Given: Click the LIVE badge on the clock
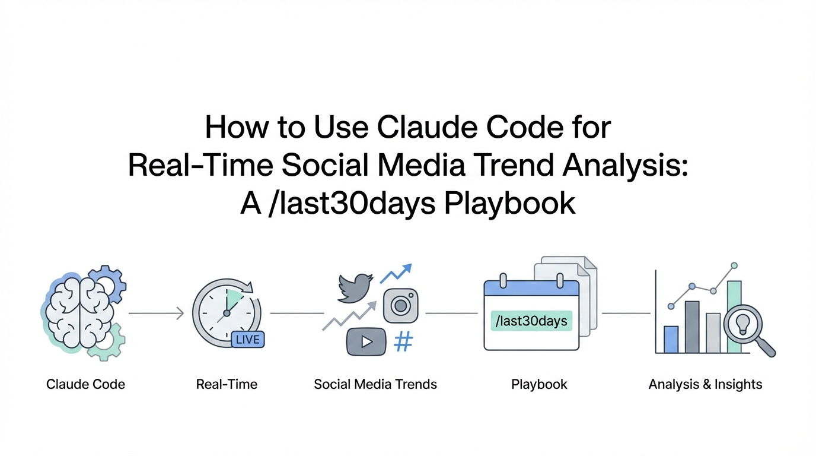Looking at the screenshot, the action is pyautogui.click(x=248, y=340).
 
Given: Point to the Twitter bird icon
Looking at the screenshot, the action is pyautogui.click(x=355, y=288).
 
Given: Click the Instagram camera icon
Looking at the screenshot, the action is pyautogui.click(x=401, y=306).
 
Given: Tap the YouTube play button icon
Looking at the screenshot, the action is pyautogui.click(x=366, y=342).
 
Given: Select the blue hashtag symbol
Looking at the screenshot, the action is pyautogui.click(x=404, y=341).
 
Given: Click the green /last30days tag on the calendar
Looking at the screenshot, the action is pyautogui.click(x=531, y=321).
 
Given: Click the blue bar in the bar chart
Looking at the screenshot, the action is pyautogui.click(x=671, y=339).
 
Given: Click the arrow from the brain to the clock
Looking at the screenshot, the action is pyautogui.click(x=157, y=313).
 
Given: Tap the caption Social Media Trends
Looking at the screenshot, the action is pyautogui.click(x=375, y=384).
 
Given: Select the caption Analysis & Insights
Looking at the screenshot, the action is pyautogui.click(x=705, y=384).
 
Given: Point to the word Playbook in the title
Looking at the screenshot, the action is pyautogui.click(x=510, y=204).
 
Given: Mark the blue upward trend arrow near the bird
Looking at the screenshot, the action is pyautogui.click(x=396, y=273).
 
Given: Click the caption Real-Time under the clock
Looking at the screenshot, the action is pyautogui.click(x=227, y=384).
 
